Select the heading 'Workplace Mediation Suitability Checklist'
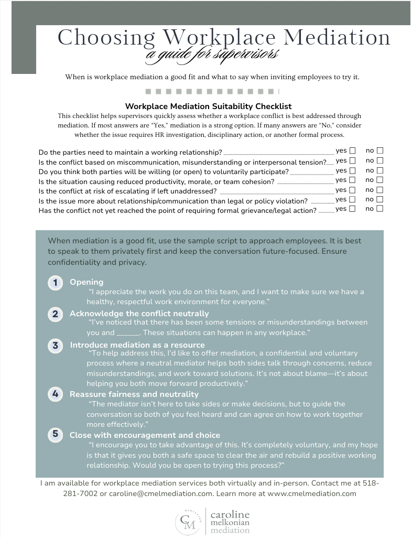tap(208, 106)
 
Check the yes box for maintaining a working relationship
tap(352, 152)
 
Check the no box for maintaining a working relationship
tap(380, 152)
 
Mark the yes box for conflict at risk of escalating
tap(352, 190)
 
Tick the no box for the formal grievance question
tap(380, 209)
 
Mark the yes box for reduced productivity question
tap(352, 180)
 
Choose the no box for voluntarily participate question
tap(380, 171)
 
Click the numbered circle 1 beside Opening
tap(55, 283)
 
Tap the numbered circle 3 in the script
tap(55, 346)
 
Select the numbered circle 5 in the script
tap(55, 434)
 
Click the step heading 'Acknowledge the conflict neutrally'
tap(139, 314)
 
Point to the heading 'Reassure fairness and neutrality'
tap(134, 394)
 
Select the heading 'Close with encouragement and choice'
tap(145, 435)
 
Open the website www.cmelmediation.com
tap(311, 493)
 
